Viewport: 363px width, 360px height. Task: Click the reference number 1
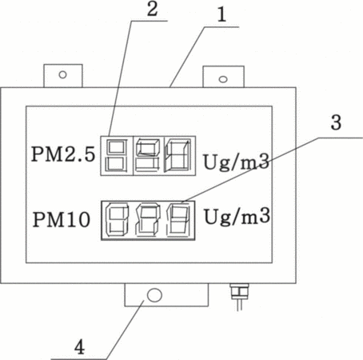221,14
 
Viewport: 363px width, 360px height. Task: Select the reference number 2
152,10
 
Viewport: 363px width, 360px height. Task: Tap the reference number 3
336,122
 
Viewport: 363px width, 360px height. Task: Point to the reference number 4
79,347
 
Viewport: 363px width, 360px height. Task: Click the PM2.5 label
63,154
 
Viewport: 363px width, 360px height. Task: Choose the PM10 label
62,219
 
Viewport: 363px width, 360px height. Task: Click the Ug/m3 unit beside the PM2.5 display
236,162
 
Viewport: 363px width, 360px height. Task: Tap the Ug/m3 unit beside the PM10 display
237,216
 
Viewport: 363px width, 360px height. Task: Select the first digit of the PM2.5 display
116,156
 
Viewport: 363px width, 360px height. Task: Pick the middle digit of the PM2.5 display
148,156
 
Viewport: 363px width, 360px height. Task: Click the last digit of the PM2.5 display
178,155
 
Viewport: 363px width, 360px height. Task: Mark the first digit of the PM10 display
118,220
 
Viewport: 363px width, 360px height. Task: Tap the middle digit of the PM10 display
147,220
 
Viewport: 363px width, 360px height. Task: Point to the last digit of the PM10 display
178,220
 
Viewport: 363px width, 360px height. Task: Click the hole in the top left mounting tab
62,74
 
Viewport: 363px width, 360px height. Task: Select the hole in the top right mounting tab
223,79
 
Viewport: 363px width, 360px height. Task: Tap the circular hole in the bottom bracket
154,295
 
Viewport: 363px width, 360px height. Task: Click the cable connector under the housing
239,297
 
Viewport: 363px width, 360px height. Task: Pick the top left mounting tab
63,76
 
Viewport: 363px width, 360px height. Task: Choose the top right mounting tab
224,77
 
